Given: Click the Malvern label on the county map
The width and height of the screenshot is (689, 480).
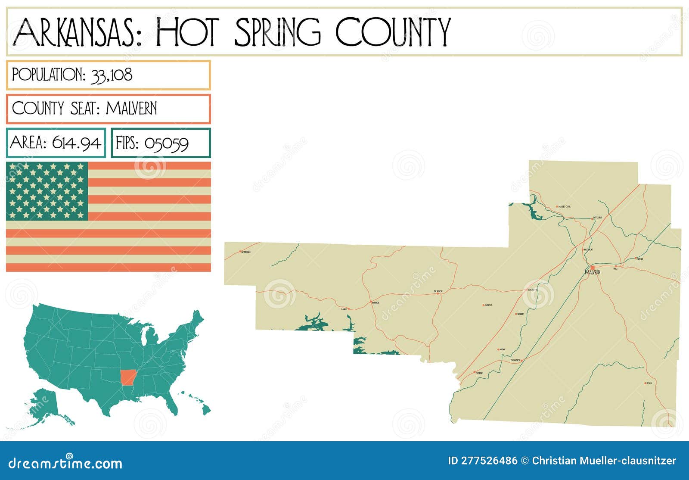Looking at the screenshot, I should [593, 273].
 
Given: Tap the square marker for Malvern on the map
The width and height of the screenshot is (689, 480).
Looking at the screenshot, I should [593, 268].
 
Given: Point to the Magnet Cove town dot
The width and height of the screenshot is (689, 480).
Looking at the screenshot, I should [557, 206].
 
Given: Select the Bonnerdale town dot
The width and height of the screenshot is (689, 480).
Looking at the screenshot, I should [240, 251].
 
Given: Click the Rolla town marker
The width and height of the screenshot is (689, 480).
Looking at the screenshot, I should [645, 383].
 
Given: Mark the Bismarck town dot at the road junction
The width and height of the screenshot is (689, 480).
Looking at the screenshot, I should [371, 302].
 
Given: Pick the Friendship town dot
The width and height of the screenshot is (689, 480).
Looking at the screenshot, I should [474, 372].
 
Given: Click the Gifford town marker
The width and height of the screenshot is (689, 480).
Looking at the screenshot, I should [636, 259].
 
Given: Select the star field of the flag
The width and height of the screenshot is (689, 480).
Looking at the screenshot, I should [47, 190].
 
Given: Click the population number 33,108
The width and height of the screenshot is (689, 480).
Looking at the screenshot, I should [112, 75].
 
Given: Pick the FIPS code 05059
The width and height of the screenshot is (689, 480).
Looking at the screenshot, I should [166, 143].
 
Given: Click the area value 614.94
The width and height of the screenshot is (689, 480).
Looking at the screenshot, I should [77, 143].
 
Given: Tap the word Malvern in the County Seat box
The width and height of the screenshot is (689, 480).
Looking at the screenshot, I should [131, 108].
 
